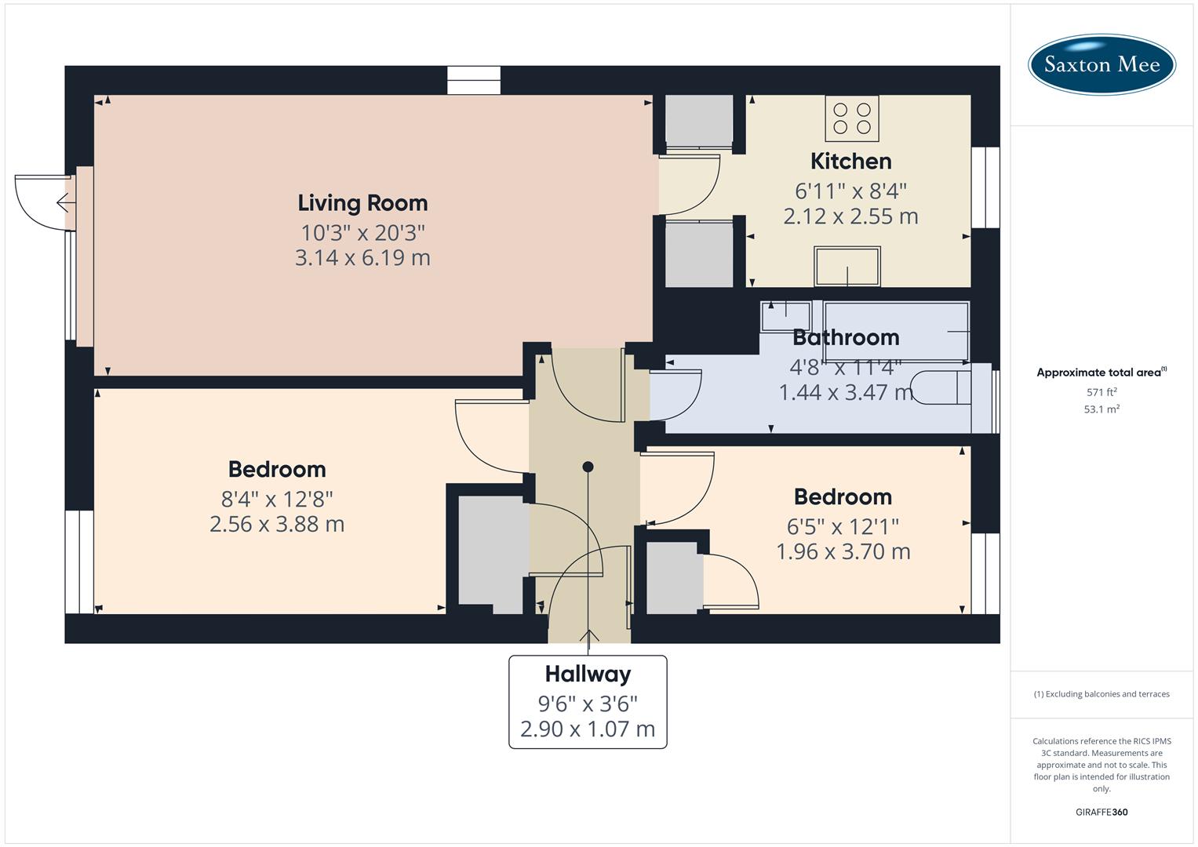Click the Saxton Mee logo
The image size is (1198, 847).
[x=1102, y=64]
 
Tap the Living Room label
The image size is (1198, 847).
[x=362, y=203]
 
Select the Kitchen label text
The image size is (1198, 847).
[x=850, y=162]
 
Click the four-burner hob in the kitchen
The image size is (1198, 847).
[x=852, y=118]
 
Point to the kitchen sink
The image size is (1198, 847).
[x=847, y=267]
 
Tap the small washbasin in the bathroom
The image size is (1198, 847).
[x=785, y=316]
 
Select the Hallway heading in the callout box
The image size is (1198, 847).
[x=588, y=674]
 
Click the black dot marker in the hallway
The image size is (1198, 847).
[x=588, y=467]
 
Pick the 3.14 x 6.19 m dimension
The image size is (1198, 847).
[x=362, y=258]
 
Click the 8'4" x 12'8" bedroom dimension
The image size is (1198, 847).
[x=277, y=499]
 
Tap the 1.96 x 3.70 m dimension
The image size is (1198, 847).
[x=843, y=552]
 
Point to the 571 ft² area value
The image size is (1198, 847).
[x=1102, y=392]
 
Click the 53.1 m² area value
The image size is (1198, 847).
[x=1102, y=409]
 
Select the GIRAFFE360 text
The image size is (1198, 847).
[x=1102, y=812]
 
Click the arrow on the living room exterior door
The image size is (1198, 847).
[x=65, y=203]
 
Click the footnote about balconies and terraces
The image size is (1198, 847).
[x=1102, y=694]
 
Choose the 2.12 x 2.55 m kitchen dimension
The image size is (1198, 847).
[x=850, y=216]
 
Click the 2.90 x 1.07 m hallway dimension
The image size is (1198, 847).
[x=588, y=729]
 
